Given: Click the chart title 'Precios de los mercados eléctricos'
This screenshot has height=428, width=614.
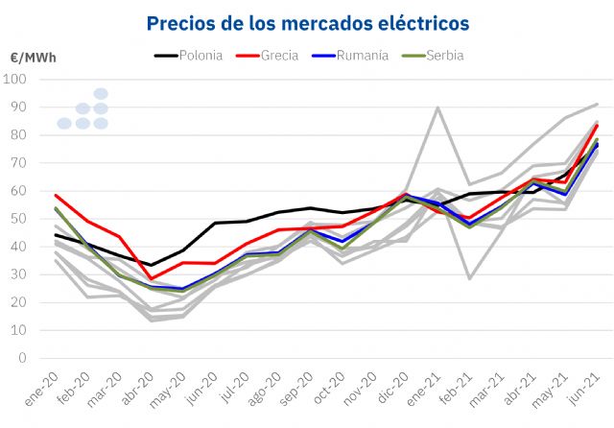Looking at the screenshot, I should coord(309,21).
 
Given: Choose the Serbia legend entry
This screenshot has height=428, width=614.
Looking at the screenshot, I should coord(444,55).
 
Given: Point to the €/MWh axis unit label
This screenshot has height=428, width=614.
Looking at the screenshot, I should coord(33,58).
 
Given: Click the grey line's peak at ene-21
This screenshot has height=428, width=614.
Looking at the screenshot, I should coord(438,107).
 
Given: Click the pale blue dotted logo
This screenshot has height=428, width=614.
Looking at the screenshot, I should coord(83,109).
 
